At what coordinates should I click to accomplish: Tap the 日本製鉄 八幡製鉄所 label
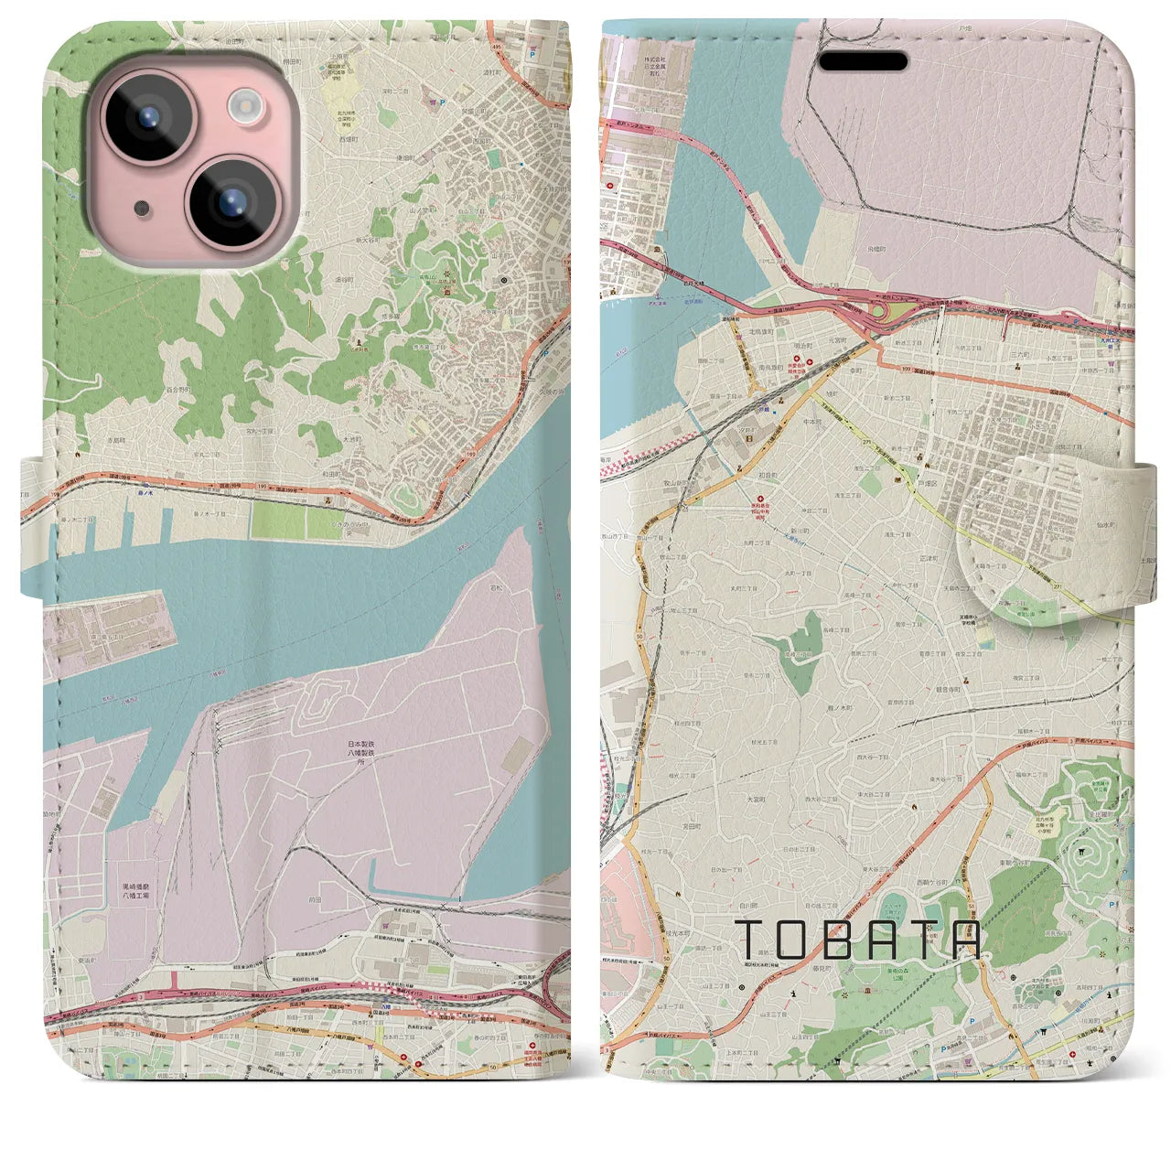pos(360,751)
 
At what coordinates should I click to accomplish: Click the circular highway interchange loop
pos(881,312)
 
